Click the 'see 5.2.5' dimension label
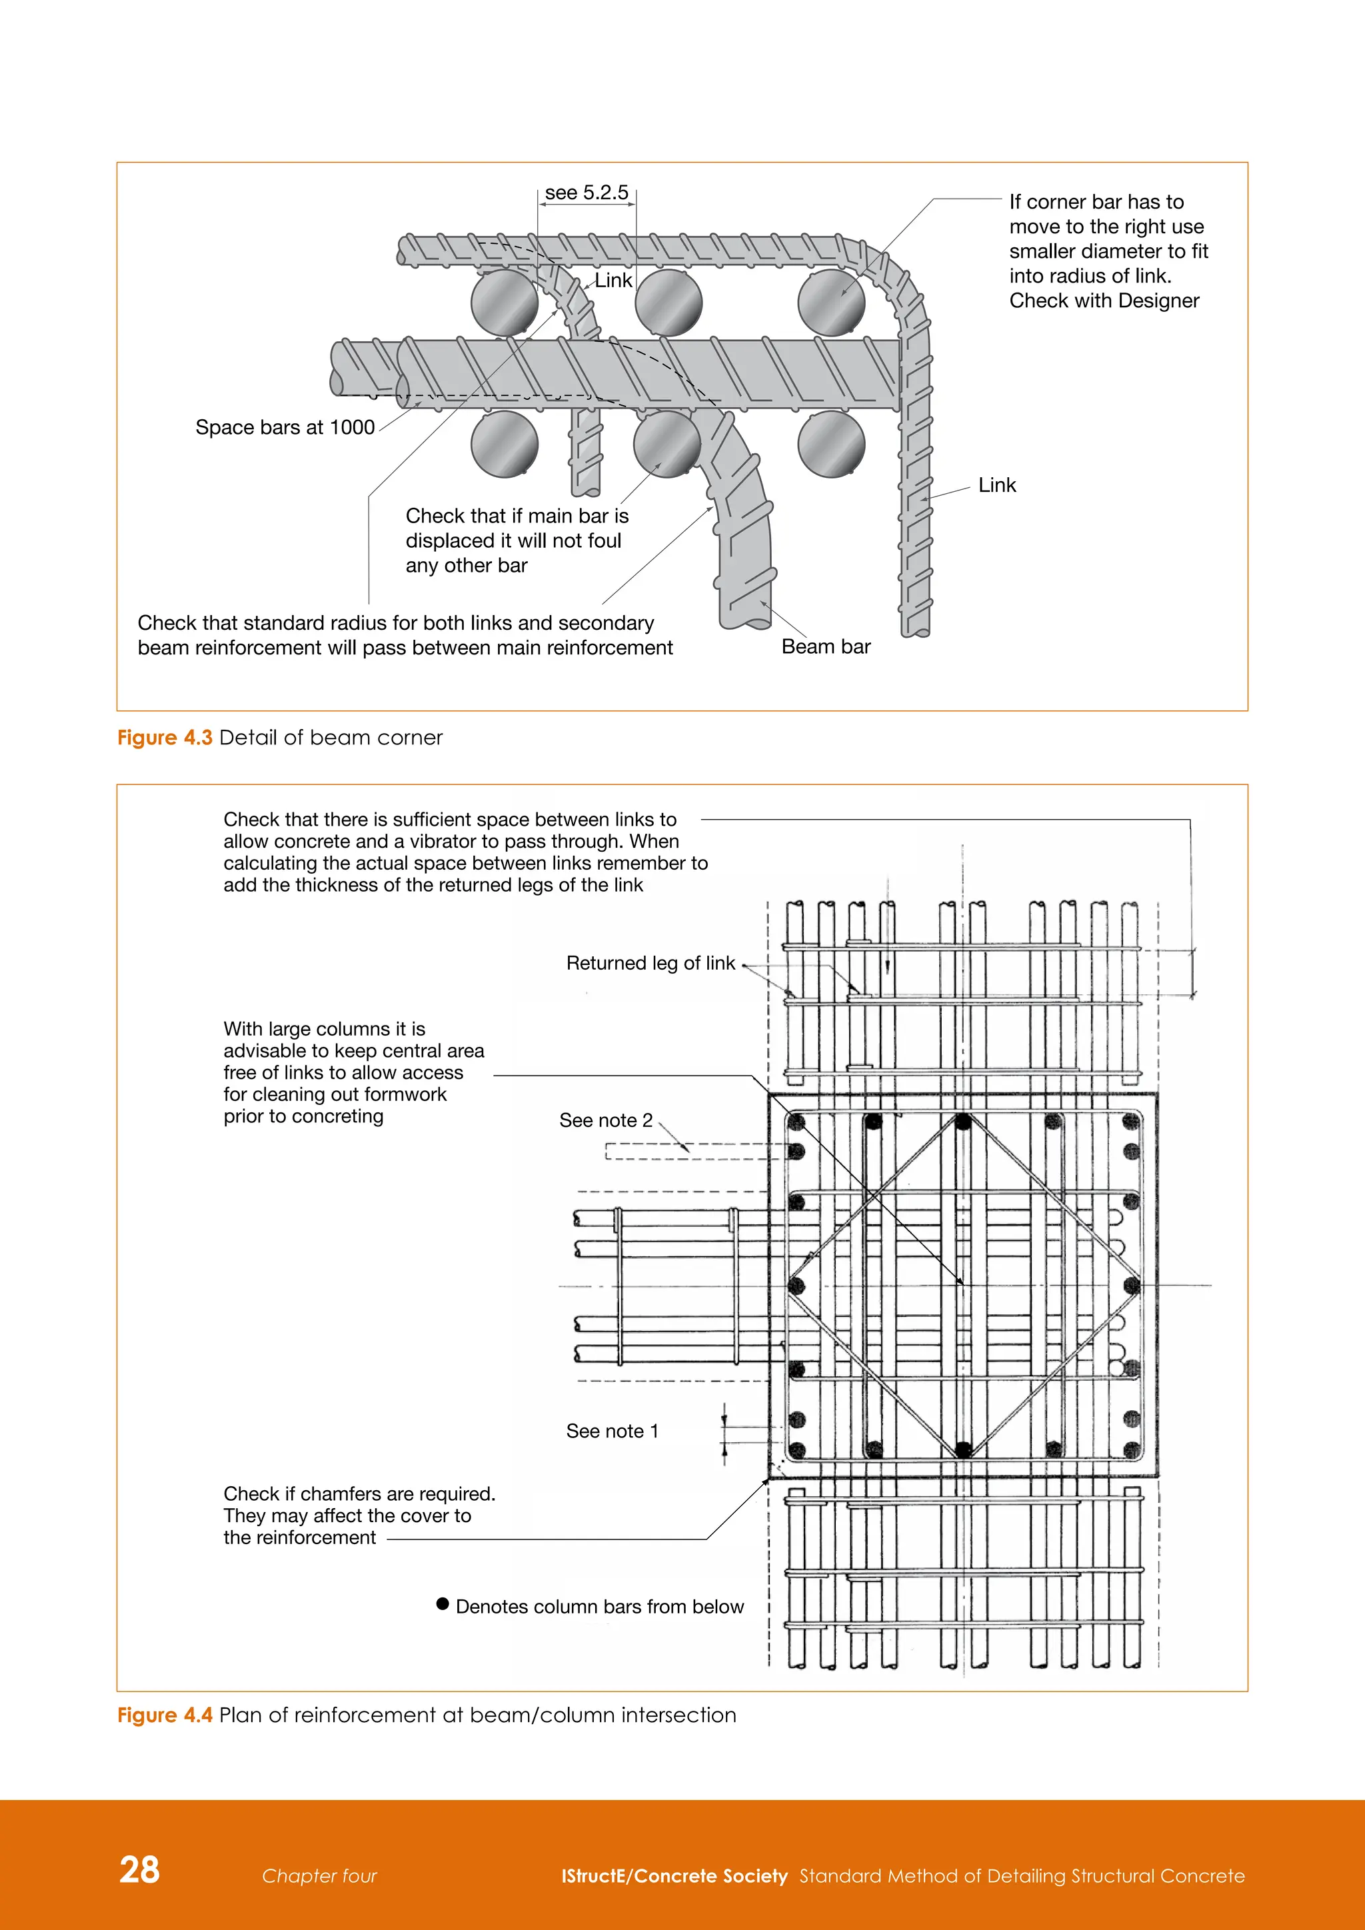tap(586, 193)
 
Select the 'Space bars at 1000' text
tap(285, 427)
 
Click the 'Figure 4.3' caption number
tap(165, 737)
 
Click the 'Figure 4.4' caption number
tap(165, 1715)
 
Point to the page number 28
tap(139, 1869)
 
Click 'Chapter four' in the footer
tap(319, 1875)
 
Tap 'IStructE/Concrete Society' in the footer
tap(674, 1875)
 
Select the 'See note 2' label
tap(605, 1120)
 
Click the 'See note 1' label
tap(612, 1431)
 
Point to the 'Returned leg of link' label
tap(651, 962)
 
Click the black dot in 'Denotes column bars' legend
tap(443, 1604)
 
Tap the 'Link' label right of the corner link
tap(997, 485)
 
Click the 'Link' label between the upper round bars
tap(614, 281)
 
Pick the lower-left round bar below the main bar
tap(505, 444)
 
